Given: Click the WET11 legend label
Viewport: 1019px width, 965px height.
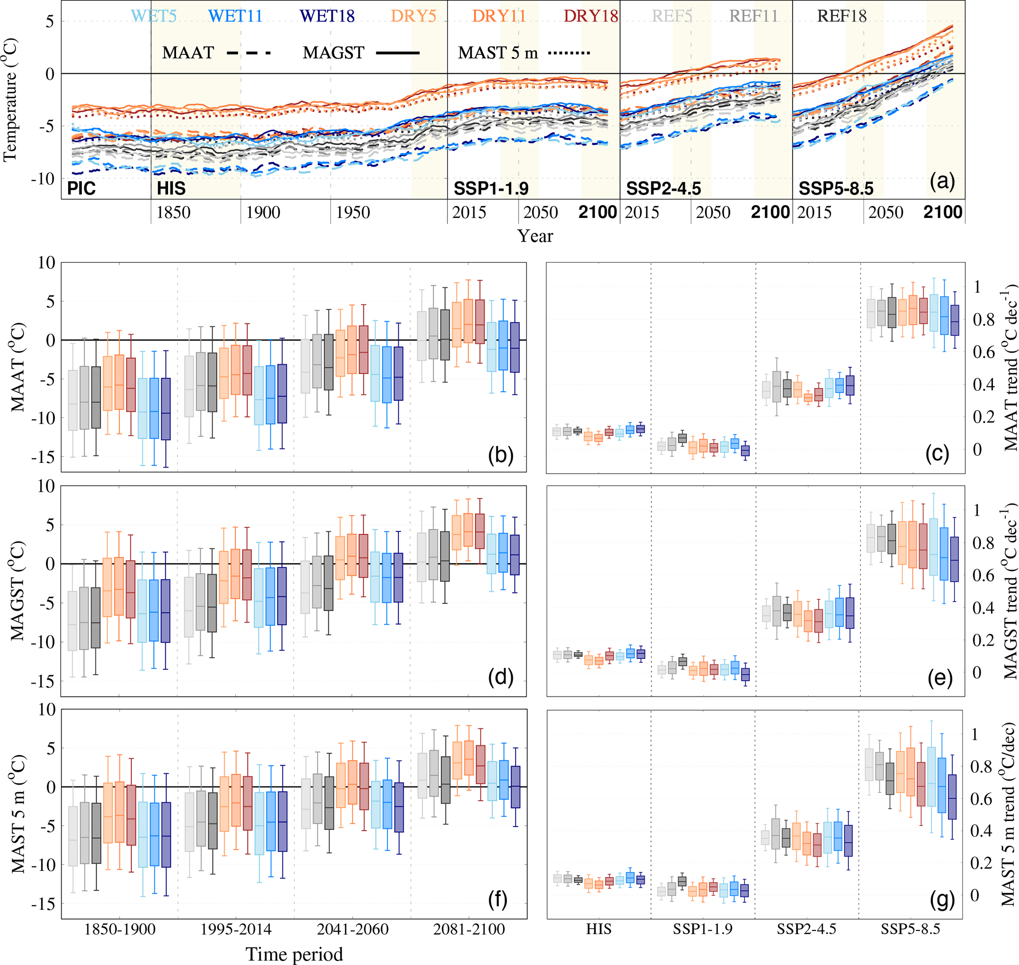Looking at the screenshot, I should coord(235,16).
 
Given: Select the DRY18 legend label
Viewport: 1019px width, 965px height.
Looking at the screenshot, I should coord(590,16).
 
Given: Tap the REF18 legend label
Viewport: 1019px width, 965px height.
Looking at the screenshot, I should coord(842,16).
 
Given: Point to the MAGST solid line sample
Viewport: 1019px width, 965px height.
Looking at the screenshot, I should coord(397,52).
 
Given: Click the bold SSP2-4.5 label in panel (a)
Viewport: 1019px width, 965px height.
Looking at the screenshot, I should coord(664,189).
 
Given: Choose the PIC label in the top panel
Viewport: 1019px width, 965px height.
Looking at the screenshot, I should coord(81,189).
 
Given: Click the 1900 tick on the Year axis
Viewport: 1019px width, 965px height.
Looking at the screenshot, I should coord(263,212).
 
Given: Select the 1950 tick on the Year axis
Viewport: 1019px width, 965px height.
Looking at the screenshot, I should coord(352,212).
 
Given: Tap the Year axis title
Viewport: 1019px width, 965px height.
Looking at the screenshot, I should coord(535,236).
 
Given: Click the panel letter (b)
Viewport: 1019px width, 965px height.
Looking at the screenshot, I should coord(500,455).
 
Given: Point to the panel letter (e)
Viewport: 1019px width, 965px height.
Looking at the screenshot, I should coord(940,678).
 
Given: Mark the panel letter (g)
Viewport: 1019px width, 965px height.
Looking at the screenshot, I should coord(942,899).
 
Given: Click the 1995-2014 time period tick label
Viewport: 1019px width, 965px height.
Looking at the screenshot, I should coord(236,929).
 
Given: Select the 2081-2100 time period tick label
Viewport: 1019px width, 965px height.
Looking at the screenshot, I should coord(469,929).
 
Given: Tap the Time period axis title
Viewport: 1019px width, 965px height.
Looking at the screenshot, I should coord(294,954).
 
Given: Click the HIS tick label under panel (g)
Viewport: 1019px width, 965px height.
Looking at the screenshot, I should coord(598,929).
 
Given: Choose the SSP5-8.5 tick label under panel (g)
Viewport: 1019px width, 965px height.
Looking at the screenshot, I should coord(910,929).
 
